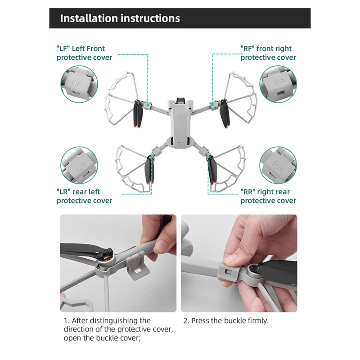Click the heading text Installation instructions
[x=120, y=18]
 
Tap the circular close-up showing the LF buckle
[x=79, y=84]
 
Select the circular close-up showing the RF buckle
[x=278, y=84]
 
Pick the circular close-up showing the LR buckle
[x=79, y=165]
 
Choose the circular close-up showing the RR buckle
[x=278, y=165]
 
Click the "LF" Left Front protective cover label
[x=84, y=53]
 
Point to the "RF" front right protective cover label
[x=268, y=53]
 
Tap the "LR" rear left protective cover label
[x=84, y=196]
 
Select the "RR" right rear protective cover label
[x=268, y=196]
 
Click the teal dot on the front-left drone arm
[x=148, y=105]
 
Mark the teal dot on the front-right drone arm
[x=213, y=104]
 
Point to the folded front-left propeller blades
[x=138, y=114]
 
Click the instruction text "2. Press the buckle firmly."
[x=226, y=320]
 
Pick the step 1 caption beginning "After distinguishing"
[x=118, y=329]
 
